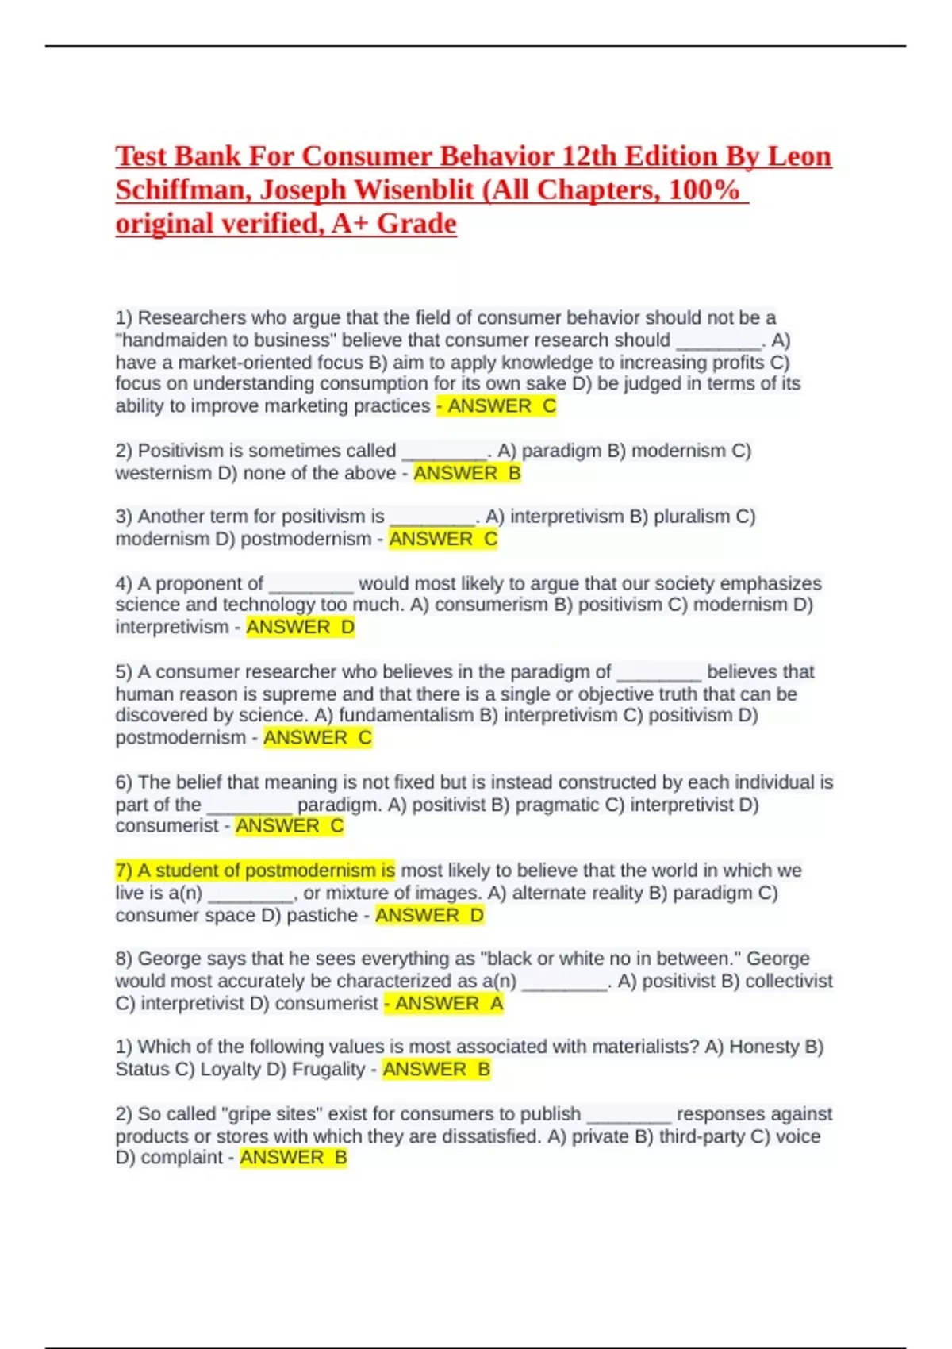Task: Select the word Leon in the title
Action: [x=799, y=156]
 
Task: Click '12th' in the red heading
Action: [x=588, y=156]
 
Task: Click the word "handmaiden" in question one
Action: [x=171, y=340]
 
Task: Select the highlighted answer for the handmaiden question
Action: [x=497, y=406]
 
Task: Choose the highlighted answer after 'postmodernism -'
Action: [x=442, y=540]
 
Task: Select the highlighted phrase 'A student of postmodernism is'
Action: [x=255, y=871]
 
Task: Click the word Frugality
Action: [x=328, y=1070]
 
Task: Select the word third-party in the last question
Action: [x=703, y=1136]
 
